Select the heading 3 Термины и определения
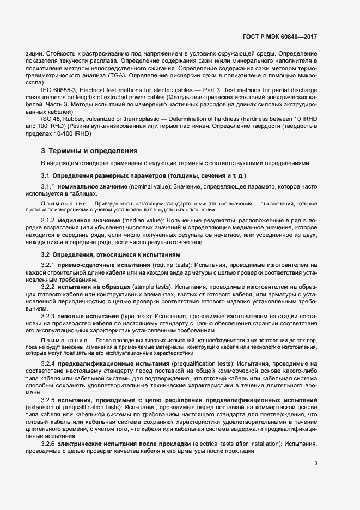point(89,150)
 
